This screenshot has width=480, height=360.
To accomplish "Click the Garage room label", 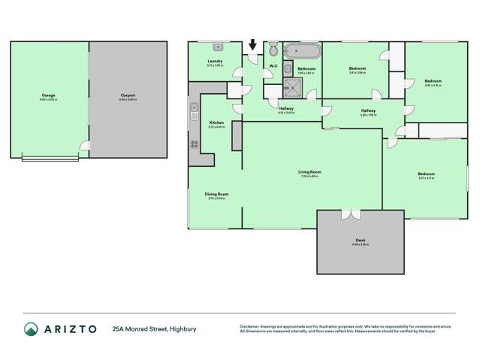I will (50, 95).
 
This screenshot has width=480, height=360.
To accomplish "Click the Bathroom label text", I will (306, 69).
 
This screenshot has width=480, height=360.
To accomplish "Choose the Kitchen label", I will (216, 123).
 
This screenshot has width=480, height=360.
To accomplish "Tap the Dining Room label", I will (216, 194).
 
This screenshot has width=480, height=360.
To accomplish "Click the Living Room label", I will (309, 172).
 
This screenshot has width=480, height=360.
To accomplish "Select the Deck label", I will (360, 241).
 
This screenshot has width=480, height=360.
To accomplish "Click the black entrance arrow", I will (252, 45).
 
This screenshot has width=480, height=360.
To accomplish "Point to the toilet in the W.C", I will (273, 50).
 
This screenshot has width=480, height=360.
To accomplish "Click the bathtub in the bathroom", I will (302, 51).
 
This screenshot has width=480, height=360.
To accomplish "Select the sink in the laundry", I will (216, 47).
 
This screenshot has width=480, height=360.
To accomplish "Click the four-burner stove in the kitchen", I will (194, 142).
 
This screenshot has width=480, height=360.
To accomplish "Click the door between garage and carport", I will (85, 144).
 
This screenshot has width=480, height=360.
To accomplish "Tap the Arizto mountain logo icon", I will (31, 328).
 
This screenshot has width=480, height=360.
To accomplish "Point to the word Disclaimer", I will (250, 326).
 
